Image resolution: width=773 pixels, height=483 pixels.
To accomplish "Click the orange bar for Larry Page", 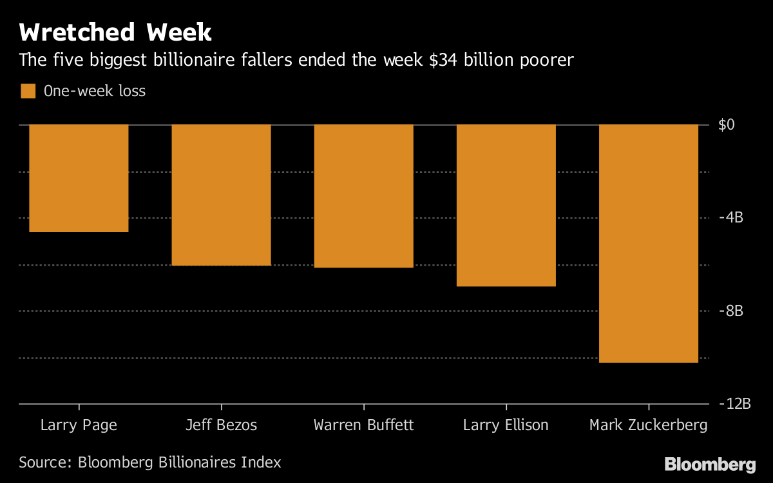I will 79,178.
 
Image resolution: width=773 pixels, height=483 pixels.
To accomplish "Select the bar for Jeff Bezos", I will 221,195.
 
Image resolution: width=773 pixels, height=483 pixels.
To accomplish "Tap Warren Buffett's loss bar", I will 363,196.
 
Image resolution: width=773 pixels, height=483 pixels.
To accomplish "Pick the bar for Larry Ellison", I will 506,205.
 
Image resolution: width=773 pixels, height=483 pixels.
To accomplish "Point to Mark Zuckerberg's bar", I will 649,244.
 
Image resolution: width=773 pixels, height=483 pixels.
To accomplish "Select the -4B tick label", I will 730,218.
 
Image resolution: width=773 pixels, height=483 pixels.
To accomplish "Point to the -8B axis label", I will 730,311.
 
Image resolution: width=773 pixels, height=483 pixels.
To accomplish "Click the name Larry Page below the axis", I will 79,426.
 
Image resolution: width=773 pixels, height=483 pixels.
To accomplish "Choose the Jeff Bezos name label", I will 221,426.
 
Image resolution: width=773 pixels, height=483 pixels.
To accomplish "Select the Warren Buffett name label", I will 363,426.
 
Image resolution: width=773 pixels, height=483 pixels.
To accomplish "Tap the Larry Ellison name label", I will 506,426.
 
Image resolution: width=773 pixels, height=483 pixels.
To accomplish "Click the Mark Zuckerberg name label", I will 648,426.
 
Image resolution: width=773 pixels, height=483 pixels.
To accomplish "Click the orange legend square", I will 28,91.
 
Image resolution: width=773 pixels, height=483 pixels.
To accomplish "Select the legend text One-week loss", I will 95,91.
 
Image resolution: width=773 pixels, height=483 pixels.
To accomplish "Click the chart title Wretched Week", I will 115,32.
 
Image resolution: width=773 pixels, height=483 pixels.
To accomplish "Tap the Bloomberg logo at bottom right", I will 710,464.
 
